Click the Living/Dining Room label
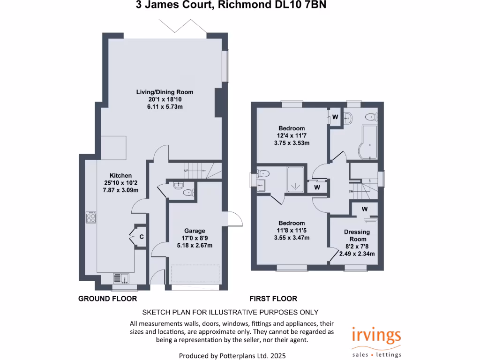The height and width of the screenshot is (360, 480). [x=161, y=92]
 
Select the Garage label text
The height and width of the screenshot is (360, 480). [x=194, y=231]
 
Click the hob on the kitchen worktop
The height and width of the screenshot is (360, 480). [x=91, y=217]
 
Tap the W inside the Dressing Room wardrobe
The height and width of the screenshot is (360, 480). [x=364, y=209]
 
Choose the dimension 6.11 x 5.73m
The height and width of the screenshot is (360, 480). [x=161, y=107]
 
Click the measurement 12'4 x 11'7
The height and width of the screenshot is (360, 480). [x=292, y=136]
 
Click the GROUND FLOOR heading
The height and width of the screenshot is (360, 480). [x=107, y=299]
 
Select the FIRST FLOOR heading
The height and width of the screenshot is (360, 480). [x=273, y=299]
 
